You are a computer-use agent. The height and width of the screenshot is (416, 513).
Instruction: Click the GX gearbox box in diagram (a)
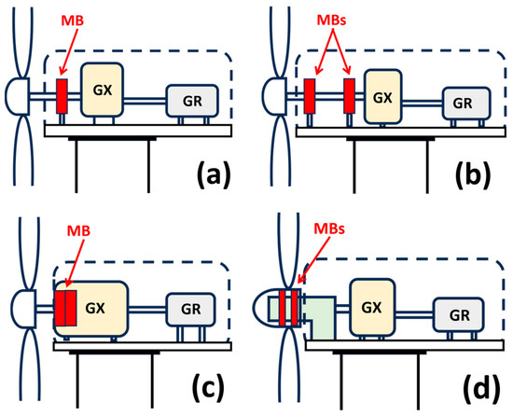point(102,90)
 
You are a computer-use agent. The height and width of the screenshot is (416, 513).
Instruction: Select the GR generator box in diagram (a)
point(192,101)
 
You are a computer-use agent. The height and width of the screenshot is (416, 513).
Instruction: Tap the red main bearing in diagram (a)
point(62,96)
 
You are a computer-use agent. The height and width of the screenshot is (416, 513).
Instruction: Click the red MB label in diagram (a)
point(73,21)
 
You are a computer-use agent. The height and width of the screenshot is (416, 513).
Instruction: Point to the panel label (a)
point(214,173)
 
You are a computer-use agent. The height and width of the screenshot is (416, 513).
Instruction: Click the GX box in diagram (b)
point(382,97)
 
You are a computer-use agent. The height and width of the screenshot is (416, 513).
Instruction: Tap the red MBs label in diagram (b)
point(332,21)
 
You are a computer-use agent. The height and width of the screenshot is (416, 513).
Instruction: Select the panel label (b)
point(473,173)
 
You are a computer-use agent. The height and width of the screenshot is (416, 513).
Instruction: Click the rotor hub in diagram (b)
point(274,96)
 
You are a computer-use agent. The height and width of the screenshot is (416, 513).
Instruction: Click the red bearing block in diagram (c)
point(65,308)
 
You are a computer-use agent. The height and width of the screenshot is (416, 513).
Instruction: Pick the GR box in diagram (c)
point(190,309)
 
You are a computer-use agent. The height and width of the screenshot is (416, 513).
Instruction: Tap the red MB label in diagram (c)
point(78,231)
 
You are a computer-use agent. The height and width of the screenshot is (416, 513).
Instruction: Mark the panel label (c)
point(209,384)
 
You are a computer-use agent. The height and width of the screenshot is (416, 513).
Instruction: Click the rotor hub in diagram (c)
point(23,309)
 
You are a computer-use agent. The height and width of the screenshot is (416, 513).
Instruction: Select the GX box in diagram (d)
point(372,308)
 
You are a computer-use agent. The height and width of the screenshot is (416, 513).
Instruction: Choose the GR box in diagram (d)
point(459,314)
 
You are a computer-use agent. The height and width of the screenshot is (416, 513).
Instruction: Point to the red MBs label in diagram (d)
point(329,229)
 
